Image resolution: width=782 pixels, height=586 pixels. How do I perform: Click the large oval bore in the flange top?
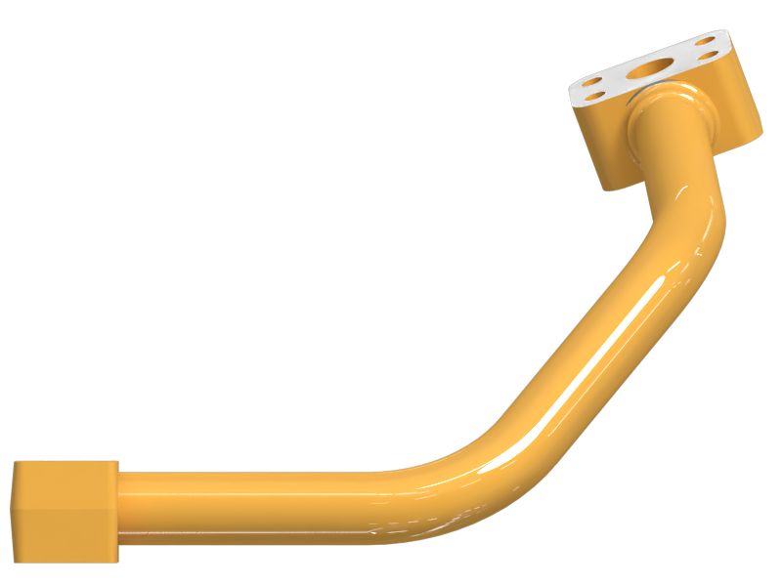pos(649,69)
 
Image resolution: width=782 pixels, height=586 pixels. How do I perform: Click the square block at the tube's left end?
pos(65,511)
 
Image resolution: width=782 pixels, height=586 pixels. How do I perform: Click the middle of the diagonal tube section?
pos(577,352)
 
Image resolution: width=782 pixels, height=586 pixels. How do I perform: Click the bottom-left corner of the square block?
pos(14,559)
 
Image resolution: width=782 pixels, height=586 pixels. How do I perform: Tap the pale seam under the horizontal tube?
pos(244,534)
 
